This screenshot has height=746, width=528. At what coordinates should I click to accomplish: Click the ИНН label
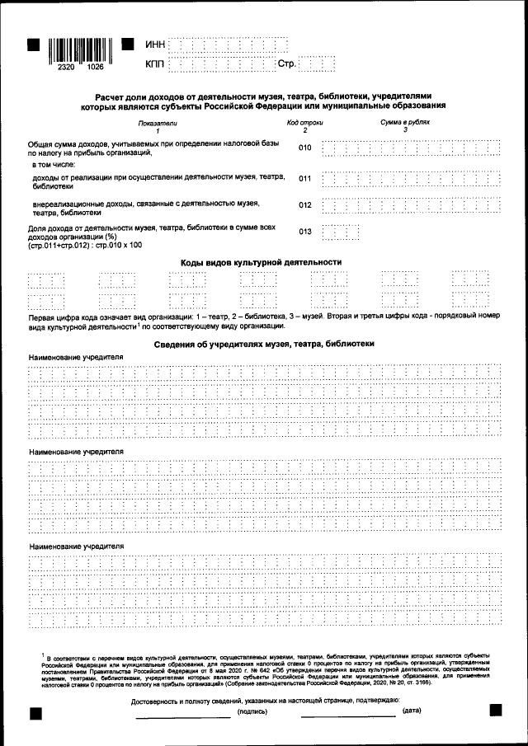pyautogui.click(x=155, y=44)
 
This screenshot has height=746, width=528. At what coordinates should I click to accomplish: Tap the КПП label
pyautogui.click(x=155, y=63)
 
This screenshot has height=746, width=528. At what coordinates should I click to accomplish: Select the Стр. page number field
pyautogui.click(x=316, y=63)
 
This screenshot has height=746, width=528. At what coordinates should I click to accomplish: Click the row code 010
pyautogui.click(x=305, y=148)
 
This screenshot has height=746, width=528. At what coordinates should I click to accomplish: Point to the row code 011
pyautogui.click(x=305, y=179)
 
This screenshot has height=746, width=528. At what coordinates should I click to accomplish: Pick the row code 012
pyautogui.click(x=305, y=205)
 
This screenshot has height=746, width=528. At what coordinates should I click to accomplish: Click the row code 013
pyautogui.click(x=305, y=232)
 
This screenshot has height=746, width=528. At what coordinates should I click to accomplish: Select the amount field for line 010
pyautogui.click(x=411, y=148)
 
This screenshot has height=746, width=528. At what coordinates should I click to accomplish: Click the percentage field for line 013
pyautogui.click(x=340, y=232)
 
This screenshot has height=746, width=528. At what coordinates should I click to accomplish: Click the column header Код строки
pyautogui.click(x=304, y=123)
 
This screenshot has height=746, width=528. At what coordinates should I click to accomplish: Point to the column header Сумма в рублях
pyautogui.click(x=405, y=123)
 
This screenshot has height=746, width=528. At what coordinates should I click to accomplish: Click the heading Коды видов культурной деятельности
pyautogui.click(x=261, y=262)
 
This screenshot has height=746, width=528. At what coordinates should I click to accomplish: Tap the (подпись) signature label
pyautogui.click(x=252, y=711)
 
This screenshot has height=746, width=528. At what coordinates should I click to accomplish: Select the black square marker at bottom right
pyautogui.click(x=496, y=710)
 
